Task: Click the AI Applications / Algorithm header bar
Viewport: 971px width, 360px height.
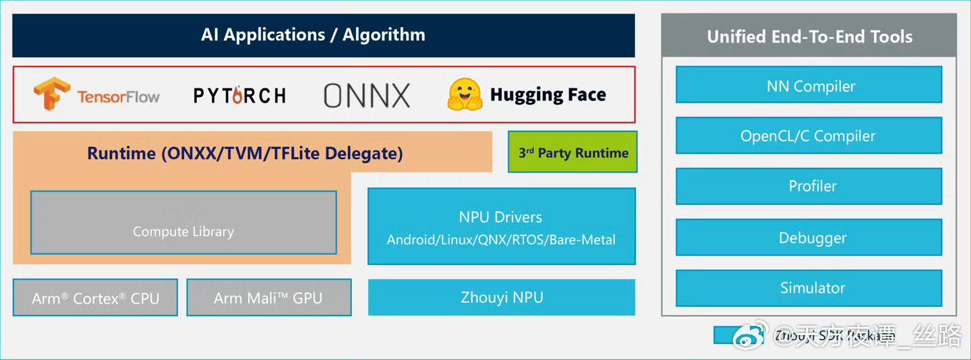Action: (x=324, y=35)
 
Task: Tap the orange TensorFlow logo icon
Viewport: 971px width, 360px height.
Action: (x=52, y=94)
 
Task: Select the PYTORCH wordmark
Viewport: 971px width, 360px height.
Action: (x=239, y=96)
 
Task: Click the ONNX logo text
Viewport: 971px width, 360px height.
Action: (x=367, y=96)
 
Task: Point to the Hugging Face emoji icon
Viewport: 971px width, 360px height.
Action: (x=465, y=95)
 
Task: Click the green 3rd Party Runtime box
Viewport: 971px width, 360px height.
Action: (x=572, y=152)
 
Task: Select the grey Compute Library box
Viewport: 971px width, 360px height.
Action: (x=183, y=222)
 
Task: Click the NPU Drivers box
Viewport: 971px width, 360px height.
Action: (x=501, y=227)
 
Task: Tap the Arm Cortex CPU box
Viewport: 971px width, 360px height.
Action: (x=95, y=298)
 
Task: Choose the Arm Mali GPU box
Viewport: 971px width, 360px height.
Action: (x=268, y=298)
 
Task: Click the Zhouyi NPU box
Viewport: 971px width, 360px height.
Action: (x=501, y=297)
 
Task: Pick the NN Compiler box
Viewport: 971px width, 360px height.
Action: (x=809, y=85)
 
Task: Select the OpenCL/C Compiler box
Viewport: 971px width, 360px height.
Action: (x=809, y=136)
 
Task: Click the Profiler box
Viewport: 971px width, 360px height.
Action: (x=809, y=186)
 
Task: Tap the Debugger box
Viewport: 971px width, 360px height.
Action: (x=809, y=237)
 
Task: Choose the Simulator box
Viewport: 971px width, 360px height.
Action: (x=809, y=288)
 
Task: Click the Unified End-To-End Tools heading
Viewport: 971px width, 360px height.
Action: (x=809, y=36)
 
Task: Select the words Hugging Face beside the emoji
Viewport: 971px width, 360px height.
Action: (x=548, y=95)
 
